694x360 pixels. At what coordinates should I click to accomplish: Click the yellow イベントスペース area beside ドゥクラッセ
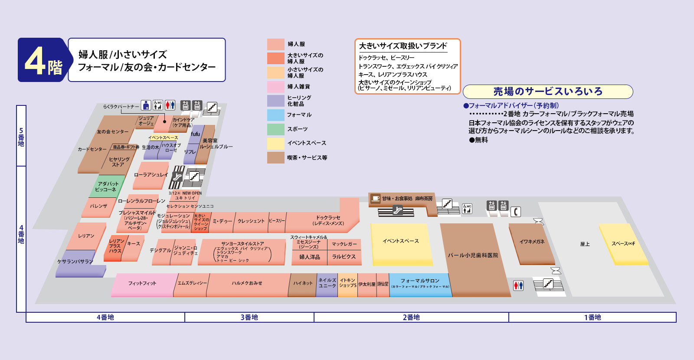400,243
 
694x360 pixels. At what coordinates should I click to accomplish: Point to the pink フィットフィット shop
142,284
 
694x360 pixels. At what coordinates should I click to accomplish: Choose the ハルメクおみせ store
247,284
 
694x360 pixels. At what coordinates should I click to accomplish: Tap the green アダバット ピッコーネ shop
107,187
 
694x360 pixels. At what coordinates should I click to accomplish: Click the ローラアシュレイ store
150,175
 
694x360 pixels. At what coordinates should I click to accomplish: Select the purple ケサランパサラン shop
76,262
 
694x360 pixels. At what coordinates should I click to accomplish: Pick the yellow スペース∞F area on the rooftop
623,244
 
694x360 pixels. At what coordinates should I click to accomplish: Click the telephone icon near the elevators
515,212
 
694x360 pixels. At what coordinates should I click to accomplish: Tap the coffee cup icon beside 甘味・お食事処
375,198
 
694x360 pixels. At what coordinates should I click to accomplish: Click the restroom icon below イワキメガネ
518,285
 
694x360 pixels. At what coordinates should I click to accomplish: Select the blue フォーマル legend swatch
275,115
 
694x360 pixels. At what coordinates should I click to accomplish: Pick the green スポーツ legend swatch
275,129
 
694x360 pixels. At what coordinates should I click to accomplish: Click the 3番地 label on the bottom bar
249,317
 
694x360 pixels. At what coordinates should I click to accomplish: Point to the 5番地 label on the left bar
21,137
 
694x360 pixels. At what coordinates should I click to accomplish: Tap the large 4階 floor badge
43,60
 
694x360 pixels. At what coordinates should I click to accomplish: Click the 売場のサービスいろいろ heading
547,92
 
